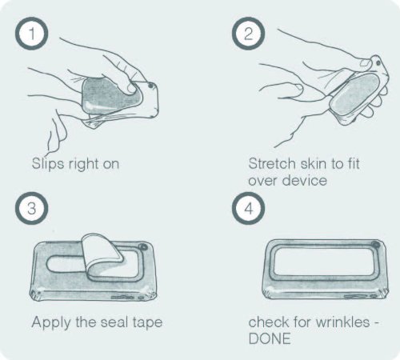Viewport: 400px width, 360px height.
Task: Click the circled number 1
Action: [32, 34]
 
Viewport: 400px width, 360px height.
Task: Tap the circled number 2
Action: [248, 34]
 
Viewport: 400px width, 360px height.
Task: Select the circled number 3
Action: [32, 208]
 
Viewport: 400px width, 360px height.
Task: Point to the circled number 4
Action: [248, 208]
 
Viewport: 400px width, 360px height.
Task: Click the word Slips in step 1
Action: [48, 163]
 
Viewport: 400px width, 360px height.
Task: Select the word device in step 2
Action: [304, 180]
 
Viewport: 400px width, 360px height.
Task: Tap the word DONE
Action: [270, 338]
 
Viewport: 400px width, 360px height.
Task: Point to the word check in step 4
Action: [268, 322]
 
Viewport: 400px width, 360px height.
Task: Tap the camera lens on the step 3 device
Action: [144, 246]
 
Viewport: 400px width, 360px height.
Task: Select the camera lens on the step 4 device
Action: [376, 244]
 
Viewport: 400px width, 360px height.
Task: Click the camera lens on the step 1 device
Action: [150, 86]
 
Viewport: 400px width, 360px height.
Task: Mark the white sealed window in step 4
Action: [322, 261]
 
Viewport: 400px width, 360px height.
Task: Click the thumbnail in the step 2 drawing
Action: [366, 63]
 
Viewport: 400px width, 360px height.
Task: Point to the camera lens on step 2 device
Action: [378, 63]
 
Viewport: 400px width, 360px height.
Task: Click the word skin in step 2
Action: [313, 163]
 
